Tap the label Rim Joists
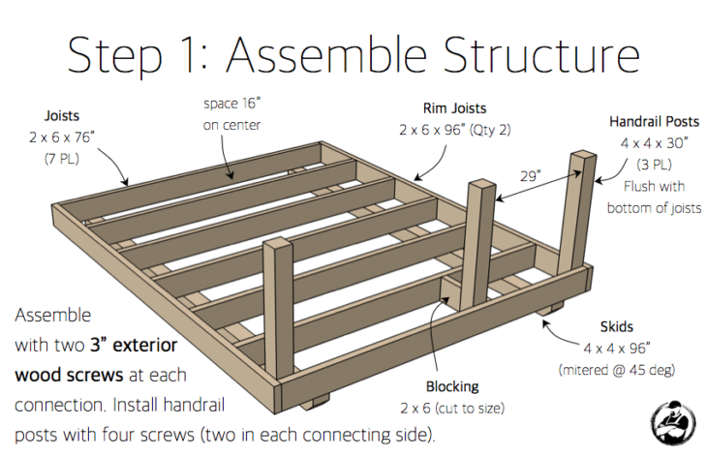447,107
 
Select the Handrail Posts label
654,123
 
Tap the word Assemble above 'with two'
53,316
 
